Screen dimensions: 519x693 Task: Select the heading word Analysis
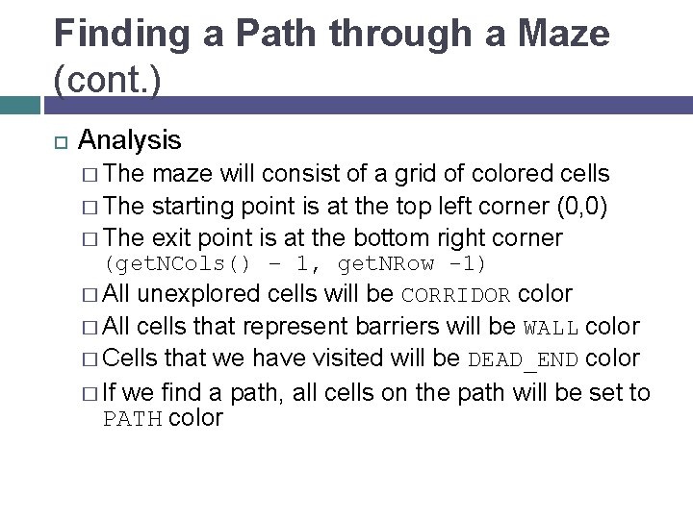click(130, 140)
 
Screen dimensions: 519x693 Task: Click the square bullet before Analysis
click(59, 142)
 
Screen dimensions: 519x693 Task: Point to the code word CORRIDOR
click(458, 295)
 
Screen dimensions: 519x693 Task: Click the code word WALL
click(552, 327)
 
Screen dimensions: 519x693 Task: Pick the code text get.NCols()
click(179, 263)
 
